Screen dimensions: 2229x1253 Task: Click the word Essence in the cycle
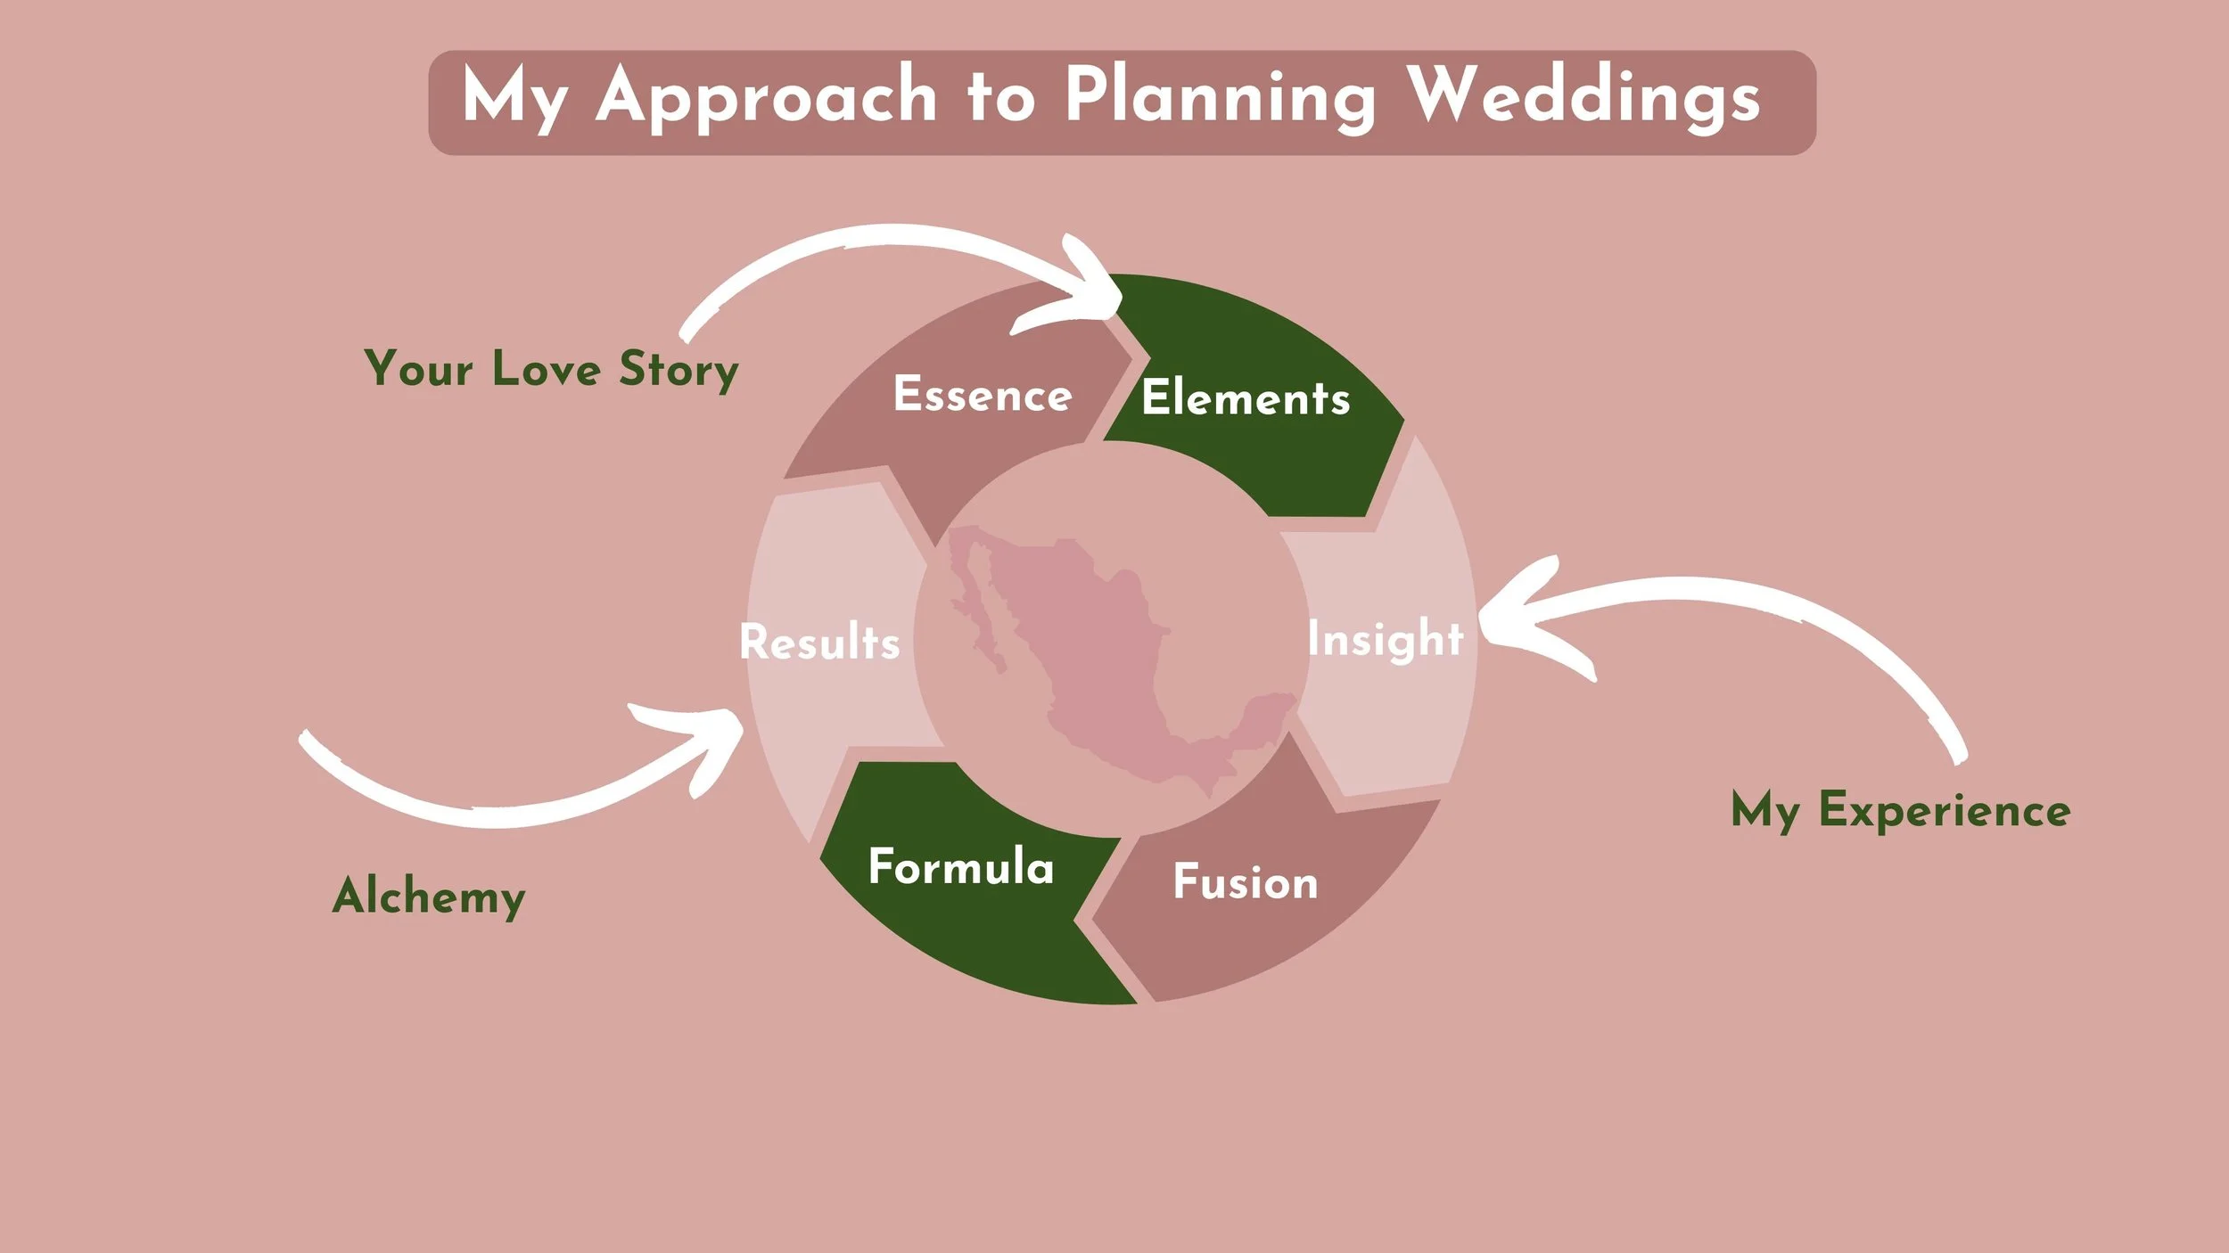point(982,395)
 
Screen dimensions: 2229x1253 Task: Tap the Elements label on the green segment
point(1246,398)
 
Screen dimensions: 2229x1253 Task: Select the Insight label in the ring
point(1385,639)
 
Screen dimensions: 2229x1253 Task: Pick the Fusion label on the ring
point(1245,882)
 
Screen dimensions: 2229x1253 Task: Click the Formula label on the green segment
point(960,867)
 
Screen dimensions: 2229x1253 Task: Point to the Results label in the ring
point(819,643)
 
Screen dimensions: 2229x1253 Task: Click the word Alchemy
point(429,897)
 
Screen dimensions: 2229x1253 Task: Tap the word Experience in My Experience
point(1945,810)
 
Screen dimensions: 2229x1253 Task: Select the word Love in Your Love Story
point(546,369)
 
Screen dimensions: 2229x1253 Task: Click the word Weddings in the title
point(1583,96)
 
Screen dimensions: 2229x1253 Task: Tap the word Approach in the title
point(766,96)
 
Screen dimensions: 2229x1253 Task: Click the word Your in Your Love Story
point(418,369)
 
